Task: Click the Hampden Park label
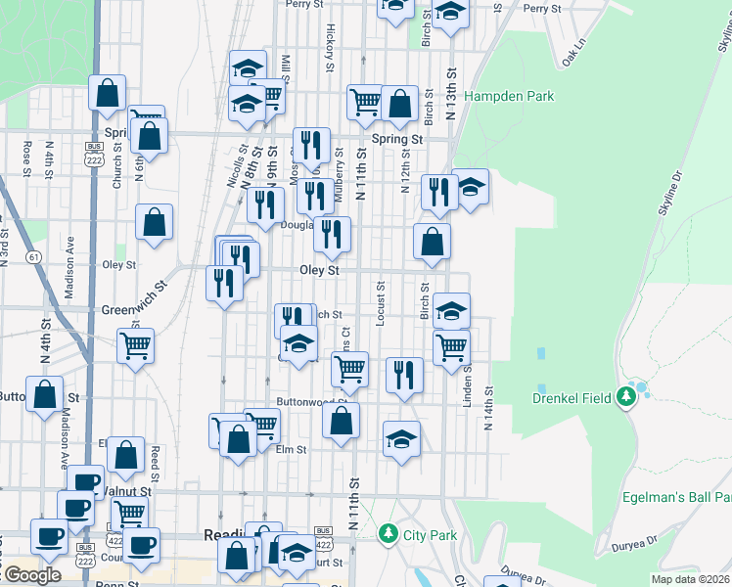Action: point(509,96)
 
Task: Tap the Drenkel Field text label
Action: point(572,397)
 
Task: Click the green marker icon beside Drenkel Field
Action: point(625,396)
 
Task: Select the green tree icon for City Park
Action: point(389,534)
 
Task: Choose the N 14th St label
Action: point(487,406)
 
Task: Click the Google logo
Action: point(32,575)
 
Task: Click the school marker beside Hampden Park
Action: point(471,187)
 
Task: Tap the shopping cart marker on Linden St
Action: point(451,346)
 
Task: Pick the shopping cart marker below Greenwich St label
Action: point(135,344)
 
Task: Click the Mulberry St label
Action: point(340,174)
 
